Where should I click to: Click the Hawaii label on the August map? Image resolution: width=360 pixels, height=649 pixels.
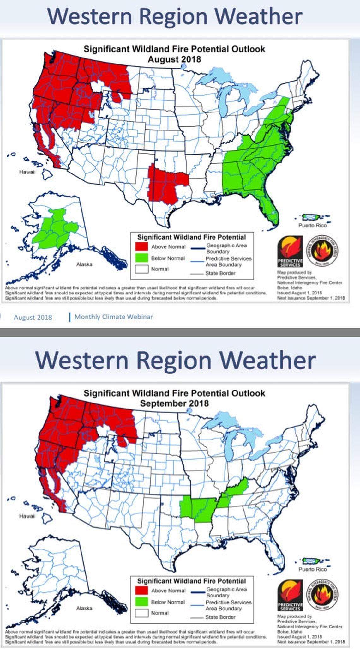pyautogui.click(x=27, y=172)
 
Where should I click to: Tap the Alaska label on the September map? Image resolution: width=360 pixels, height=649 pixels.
pyautogui.click(x=84, y=608)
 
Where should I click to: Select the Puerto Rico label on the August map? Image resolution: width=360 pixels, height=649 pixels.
pyautogui.click(x=312, y=225)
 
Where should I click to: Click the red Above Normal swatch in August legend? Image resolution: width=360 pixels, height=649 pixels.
pyautogui.click(x=141, y=246)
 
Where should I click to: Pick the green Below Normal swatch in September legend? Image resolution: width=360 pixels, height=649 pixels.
pyautogui.click(x=141, y=602)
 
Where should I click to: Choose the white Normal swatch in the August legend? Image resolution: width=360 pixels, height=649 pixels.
pyautogui.click(x=141, y=269)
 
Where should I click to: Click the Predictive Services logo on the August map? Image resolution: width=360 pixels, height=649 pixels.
pyautogui.click(x=290, y=252)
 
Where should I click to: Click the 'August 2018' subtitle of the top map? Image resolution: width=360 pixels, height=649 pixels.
pyautogui.click(x=174, y=59)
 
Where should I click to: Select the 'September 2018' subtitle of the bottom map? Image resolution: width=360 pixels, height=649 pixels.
pyautogui.click(x=174, y=403)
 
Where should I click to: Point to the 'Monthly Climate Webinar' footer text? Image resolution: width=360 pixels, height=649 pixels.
pyautogui.click(x=113, y=317)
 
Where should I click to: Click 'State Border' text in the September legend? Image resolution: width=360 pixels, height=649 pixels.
pyautogui.click(x=220, y=617)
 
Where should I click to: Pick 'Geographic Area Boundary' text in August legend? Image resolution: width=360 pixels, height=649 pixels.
pyautogui.click(x=226, y=248)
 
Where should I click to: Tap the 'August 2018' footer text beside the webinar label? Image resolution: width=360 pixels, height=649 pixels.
pyautogui.click(x=33, y=317)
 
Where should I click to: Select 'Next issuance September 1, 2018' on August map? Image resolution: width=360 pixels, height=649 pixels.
pyautogui.click(x=311, y=298)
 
